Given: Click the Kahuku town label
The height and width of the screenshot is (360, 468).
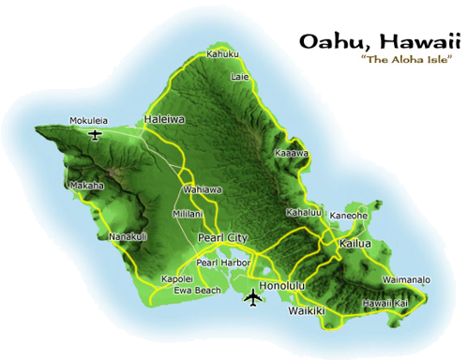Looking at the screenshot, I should (x=223, y=53).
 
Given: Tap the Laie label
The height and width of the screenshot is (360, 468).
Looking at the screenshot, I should (x=240, y=75).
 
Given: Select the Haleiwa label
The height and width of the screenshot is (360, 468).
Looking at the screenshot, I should (x=165, y=119).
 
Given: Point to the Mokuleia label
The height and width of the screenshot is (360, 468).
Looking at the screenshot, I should (x=88, y=121).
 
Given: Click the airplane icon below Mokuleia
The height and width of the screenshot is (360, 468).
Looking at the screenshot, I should (x=94, y=135).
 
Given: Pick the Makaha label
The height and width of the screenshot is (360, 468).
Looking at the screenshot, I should (x=86, y=186).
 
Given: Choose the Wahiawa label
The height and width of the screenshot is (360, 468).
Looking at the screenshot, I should (x=203, y=189).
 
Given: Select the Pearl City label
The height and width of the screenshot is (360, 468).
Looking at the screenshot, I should (x=223, y=239).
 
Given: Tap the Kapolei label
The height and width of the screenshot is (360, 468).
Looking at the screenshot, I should (x=177, y=278).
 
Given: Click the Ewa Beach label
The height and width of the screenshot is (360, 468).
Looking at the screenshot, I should (x=198, y=291).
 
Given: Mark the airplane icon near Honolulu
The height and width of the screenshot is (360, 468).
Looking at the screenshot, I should (x=251, y=299).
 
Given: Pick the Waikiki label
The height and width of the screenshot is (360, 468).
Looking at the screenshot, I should (x=306, y=310).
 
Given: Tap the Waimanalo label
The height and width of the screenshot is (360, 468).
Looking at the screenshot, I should (x=406, y=279).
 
